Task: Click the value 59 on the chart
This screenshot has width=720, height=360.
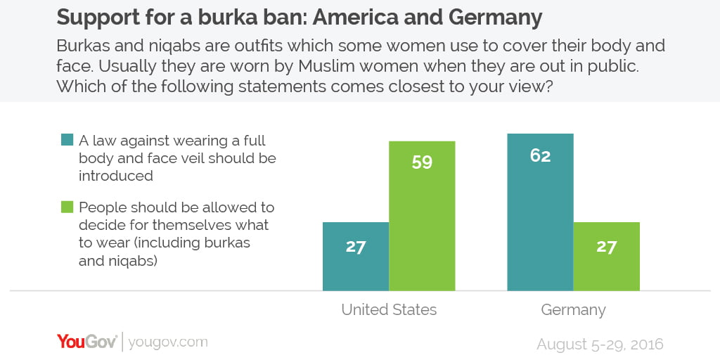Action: click(x=422, y=162)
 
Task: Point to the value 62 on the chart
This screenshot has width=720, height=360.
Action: click(x=540, y=155)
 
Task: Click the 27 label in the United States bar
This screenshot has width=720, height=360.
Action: click(x=356, y=247)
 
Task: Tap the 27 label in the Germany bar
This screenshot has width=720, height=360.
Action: click(x=606, y=247)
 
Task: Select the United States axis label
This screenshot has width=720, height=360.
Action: click(x=389, y=309)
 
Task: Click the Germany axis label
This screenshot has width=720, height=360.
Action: click(x=573, y=309)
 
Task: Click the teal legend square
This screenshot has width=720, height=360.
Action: click(x=67, y=141)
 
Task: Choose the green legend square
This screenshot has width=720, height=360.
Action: click(x=67, y=207)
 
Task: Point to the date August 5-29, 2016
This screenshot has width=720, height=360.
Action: click(x=600, y=345)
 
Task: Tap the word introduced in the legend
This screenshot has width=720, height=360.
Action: click(x=116, y=176)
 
